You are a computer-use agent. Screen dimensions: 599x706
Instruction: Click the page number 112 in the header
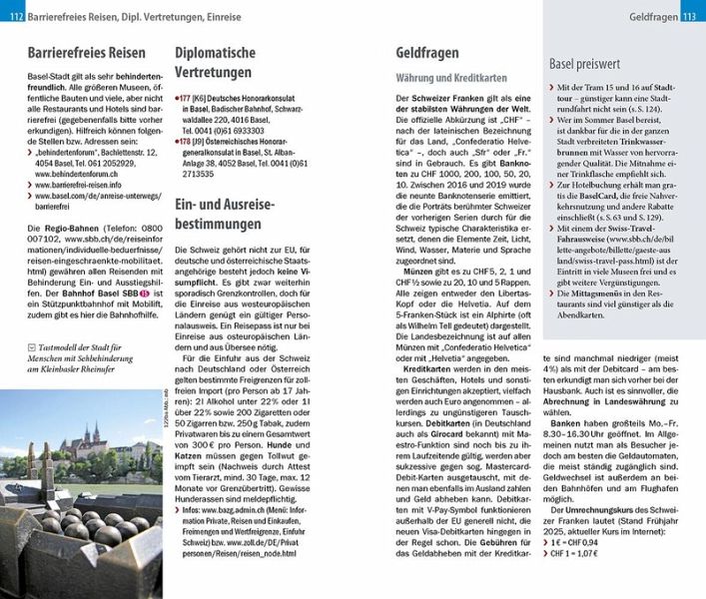coord(13,18)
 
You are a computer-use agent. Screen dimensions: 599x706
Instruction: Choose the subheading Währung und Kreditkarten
coord(451,78)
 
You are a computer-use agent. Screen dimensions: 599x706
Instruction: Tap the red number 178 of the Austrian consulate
coord(187,142)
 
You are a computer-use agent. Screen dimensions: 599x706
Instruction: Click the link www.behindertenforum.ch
coord(80,171)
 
